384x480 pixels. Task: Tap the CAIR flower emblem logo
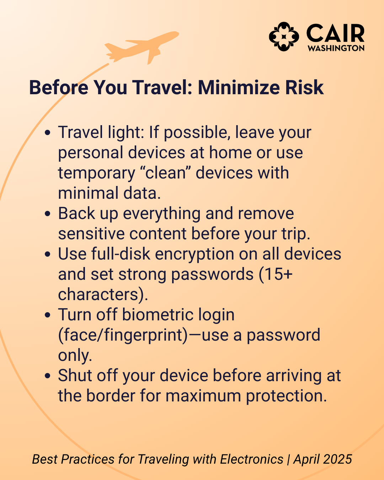click(x=284, y=37)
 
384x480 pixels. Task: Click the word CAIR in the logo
click(x=335, y=33)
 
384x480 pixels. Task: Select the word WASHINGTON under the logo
click(x=336, y=48)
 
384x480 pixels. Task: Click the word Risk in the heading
click(x=304, y=87)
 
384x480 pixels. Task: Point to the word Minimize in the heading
click(x=239, y=87)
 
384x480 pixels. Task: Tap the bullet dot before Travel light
click(x=47, y=133)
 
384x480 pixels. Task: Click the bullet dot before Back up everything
click(x=47, y=214)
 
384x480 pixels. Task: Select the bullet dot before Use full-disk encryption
click(x=47, y=254)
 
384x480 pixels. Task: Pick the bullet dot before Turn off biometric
click(x=47, y=315)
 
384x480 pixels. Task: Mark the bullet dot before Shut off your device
click(x=47, y=376)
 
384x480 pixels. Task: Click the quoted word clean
click(x=166, y=173)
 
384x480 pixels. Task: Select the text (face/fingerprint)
click(x=123, y=335)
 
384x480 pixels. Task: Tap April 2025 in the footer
click(x=322, y=459)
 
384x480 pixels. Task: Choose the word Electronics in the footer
click(x=252, y=459)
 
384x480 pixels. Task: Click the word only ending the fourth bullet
click(x=75, y=356)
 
